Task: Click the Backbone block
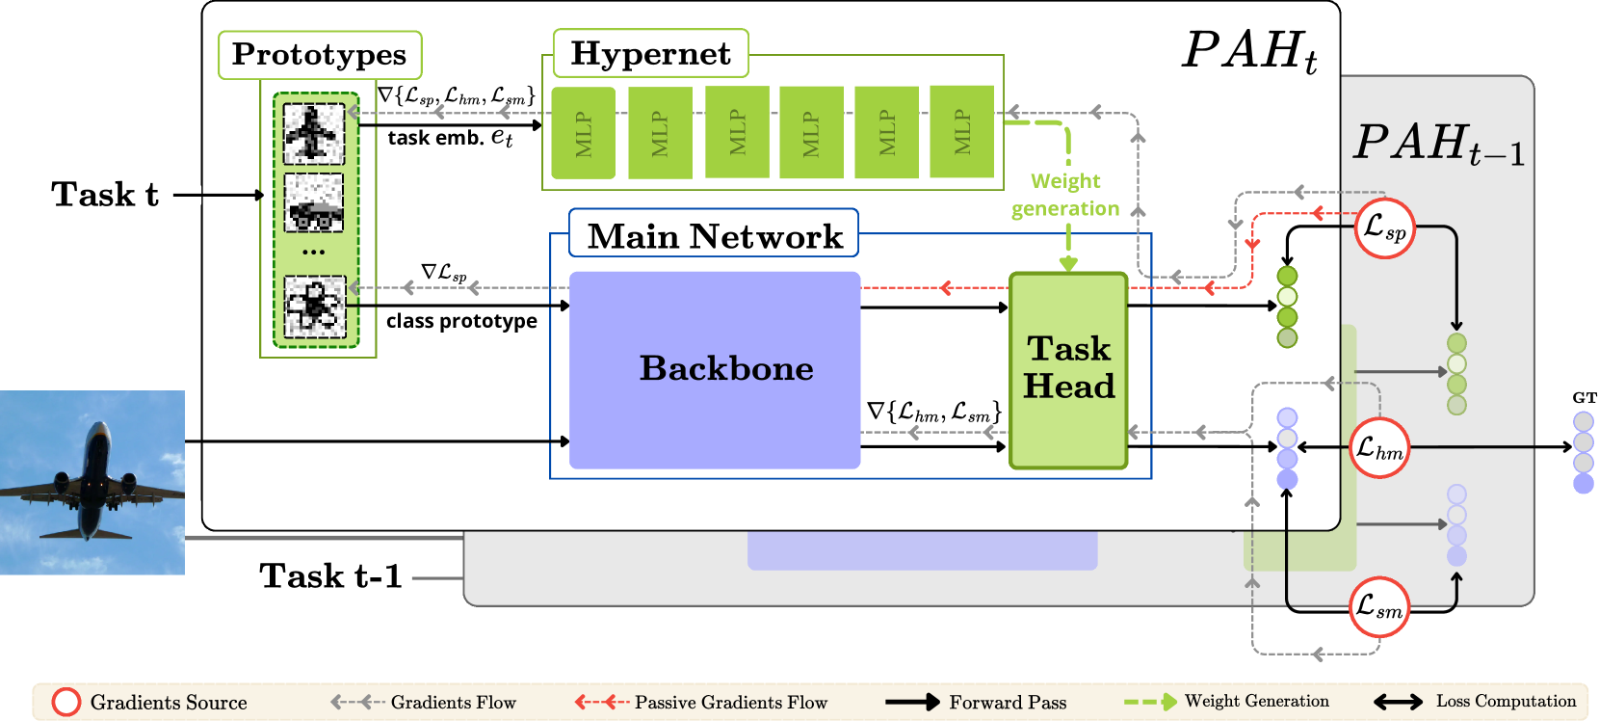click(715, 370)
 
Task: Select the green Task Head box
click(1068, 371)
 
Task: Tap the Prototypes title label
click(319, 54)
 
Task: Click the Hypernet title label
click(650, 53)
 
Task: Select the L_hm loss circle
click(1379, 448)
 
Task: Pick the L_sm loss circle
click(1379, 606)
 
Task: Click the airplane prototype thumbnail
click(313, 134)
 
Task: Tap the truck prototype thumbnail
click(313, 203)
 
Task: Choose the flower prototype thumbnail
click(315, 307)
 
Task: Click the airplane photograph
click(92, 482)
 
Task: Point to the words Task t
click(105, 195)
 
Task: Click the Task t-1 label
click(331, 576)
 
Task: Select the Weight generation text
click(1065, 195)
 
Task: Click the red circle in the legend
click(66, 703)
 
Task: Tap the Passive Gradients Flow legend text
click(731, 703)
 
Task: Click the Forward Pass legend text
click(1008, 703)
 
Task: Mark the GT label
click(1584, 398)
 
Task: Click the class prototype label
click(461, 322)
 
